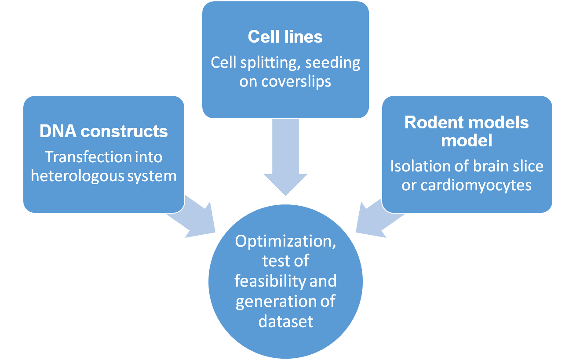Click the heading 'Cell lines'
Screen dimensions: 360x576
point(285,37)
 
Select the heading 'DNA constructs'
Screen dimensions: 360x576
point(104,131)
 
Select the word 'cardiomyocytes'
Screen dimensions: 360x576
point(476,185)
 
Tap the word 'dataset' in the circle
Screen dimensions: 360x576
point(286,321)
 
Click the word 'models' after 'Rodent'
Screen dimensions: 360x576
point(497,122)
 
